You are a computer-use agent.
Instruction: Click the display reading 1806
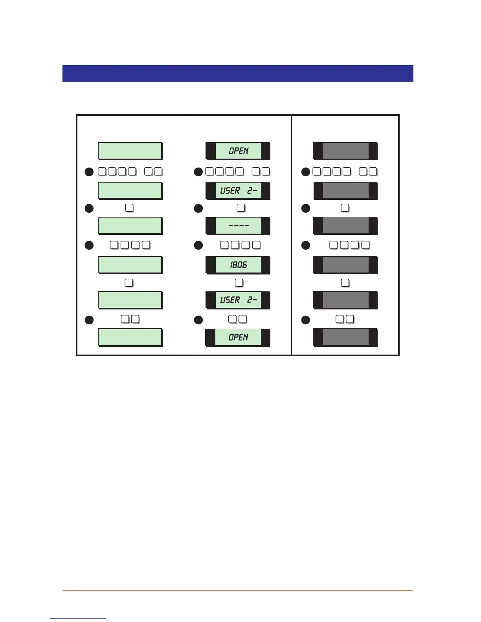[238, 265]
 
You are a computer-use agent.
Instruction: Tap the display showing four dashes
[238, 226]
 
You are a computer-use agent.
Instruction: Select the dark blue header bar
[238, 73]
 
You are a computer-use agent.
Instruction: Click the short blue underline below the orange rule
[78, 619]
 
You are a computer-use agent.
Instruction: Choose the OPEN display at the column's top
[238, 151]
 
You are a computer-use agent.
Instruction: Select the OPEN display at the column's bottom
[238, 337]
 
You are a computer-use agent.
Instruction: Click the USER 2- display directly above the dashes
[238, 191]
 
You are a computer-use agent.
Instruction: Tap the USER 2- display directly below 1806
[238, 300]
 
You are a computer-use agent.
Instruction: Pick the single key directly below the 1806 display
[239, 283]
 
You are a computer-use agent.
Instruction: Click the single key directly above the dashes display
[241, 208]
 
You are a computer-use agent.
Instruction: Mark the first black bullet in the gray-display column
[306, 172]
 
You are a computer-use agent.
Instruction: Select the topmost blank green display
[130, 151]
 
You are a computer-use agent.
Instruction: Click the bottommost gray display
[345, 337]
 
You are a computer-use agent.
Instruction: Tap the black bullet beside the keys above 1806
[198, 245]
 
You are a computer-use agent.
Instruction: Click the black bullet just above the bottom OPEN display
[198, 320]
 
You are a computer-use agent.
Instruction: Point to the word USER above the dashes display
[230, 191]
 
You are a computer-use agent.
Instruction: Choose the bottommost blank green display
[130, 337]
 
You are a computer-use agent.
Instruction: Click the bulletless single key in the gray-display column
[345, 283]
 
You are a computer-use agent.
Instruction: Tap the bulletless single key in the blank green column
[129, 283]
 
